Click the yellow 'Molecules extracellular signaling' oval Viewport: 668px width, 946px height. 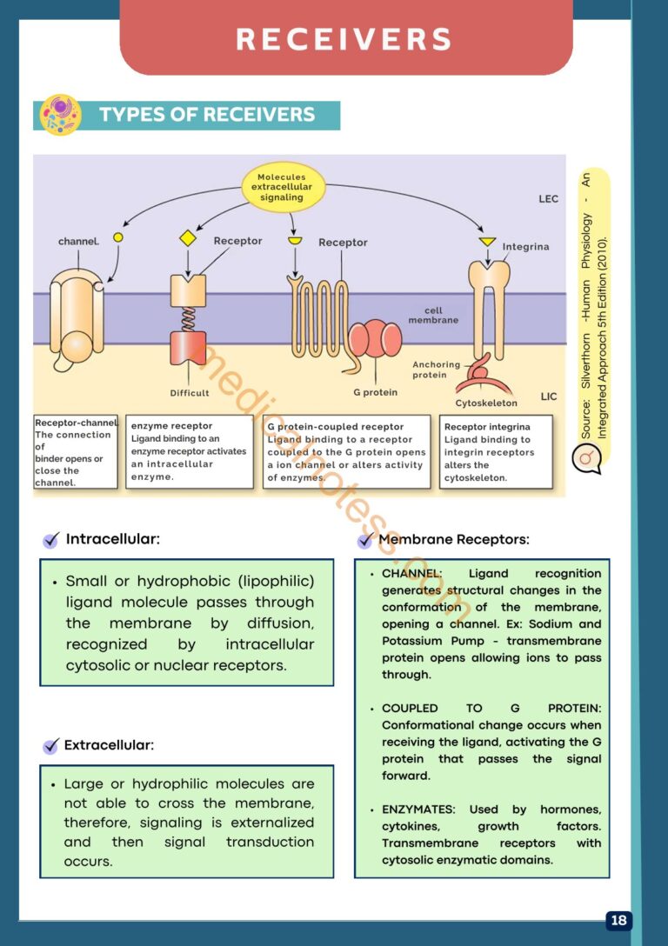[x=283, y=187]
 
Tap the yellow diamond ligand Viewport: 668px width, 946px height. [x=188, y=238]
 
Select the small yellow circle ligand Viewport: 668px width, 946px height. [x=118, y=237]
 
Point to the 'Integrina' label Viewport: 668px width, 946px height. [x=525, y=247]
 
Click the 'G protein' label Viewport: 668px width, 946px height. [x=376, y=393]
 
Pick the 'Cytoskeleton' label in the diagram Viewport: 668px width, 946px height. [x=486, y=403]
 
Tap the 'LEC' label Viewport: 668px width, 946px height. [x=548, y=199]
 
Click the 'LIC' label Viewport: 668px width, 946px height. [x=549, y=396]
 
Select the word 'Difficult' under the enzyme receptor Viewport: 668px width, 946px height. [x=190, y=393]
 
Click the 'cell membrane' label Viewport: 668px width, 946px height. [x=433, y=315]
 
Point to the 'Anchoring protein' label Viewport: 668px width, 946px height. [x=437, y=370]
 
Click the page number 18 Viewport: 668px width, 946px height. [x=618, y=920]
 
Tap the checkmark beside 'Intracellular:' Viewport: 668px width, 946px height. [x=51, y=539]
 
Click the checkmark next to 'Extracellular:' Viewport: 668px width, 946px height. [x=51, y=746]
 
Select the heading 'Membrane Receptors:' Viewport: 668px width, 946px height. [x=454, y=539]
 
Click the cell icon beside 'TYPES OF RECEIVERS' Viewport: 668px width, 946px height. [x=60, y=115]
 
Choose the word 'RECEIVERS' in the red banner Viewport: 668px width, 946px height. [x=344, y=39]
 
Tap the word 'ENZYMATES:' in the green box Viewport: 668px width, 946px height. [x=418, y=809]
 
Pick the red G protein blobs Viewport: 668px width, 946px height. [x=376, y=337]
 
